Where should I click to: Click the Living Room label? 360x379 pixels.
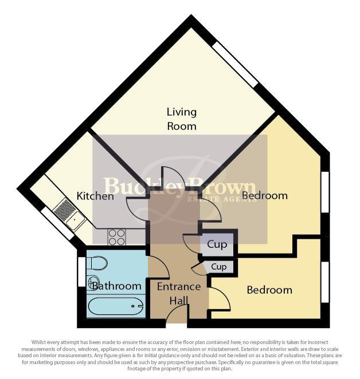pos(181,119)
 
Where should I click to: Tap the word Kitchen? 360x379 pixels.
pos(96,196)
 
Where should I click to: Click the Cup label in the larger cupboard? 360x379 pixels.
pos(217,244)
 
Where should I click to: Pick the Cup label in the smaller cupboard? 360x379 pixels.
pos(219,267)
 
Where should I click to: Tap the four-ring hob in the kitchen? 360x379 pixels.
pos(117,236)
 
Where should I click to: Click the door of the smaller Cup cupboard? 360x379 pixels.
pos(199,269)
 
